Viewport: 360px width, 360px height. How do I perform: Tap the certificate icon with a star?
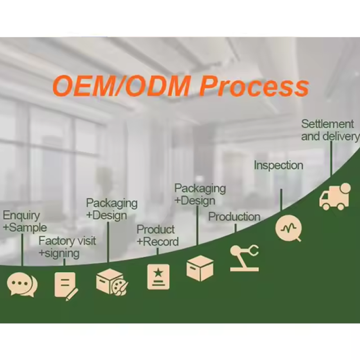158,276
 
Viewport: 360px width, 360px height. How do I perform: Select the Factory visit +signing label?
67,247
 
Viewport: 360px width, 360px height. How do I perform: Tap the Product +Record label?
157,236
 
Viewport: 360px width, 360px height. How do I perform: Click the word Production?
234,217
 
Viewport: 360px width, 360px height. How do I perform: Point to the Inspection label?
278,165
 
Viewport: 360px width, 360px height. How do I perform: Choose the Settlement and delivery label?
330,130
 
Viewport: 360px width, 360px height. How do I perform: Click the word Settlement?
328,124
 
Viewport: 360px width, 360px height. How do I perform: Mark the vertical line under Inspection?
281,200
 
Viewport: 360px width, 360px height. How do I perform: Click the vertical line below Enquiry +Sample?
22,250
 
